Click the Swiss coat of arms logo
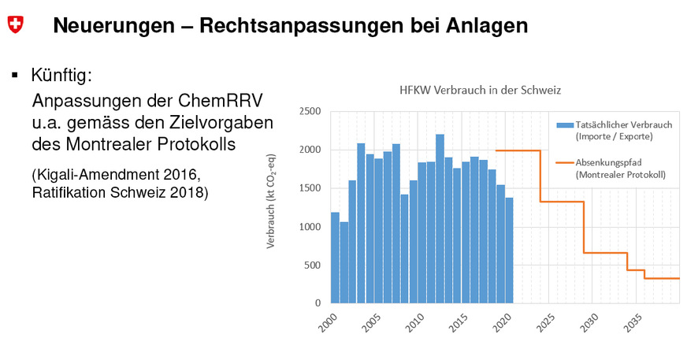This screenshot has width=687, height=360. point(15,25)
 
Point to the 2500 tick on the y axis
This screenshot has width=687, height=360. point(310,112)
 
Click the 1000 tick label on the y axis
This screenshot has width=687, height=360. point(310,227)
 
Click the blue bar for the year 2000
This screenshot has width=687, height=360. point(335,258)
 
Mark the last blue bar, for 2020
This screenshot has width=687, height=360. point(508,250)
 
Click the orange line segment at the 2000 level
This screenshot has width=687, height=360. point(517,150)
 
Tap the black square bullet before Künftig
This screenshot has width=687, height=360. point(14,76)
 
